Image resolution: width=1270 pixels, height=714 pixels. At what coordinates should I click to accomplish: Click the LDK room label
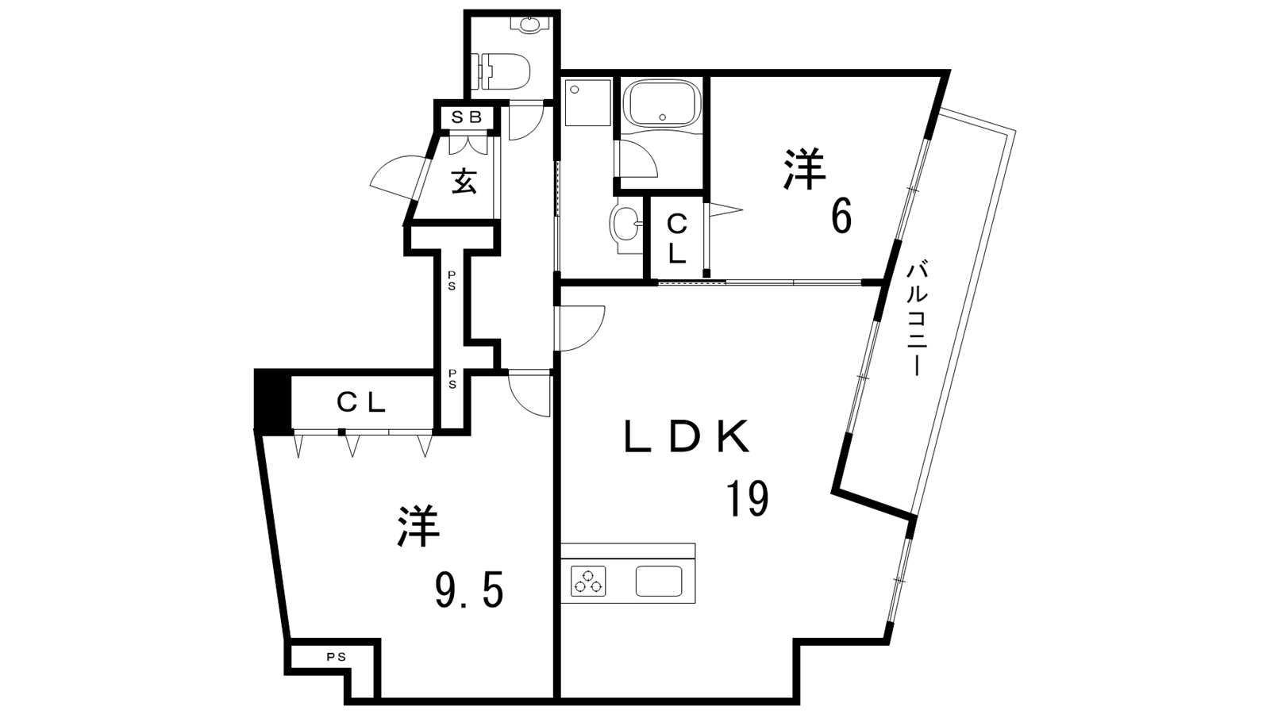[687, 436]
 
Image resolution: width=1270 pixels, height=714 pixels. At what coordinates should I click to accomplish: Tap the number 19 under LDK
[748, 498]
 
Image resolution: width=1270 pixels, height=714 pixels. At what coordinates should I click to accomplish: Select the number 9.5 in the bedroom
[469, 589]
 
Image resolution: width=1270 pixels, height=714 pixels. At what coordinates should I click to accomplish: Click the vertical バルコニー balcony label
[916, 318]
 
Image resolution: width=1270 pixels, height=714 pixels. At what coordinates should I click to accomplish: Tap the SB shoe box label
[466, 117]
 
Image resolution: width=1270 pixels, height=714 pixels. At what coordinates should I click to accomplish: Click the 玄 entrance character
[464, 182]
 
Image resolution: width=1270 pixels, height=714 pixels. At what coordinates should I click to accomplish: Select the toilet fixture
[504, 71]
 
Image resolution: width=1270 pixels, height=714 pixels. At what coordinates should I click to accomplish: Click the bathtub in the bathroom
[660, 104]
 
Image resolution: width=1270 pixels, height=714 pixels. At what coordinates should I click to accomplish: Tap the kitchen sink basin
[658, 582]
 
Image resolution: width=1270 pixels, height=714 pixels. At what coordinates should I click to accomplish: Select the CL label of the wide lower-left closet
[361, 403]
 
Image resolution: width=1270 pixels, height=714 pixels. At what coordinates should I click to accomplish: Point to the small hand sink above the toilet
[531, 24]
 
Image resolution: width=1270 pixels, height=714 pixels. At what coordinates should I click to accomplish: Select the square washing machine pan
[587, 103]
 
